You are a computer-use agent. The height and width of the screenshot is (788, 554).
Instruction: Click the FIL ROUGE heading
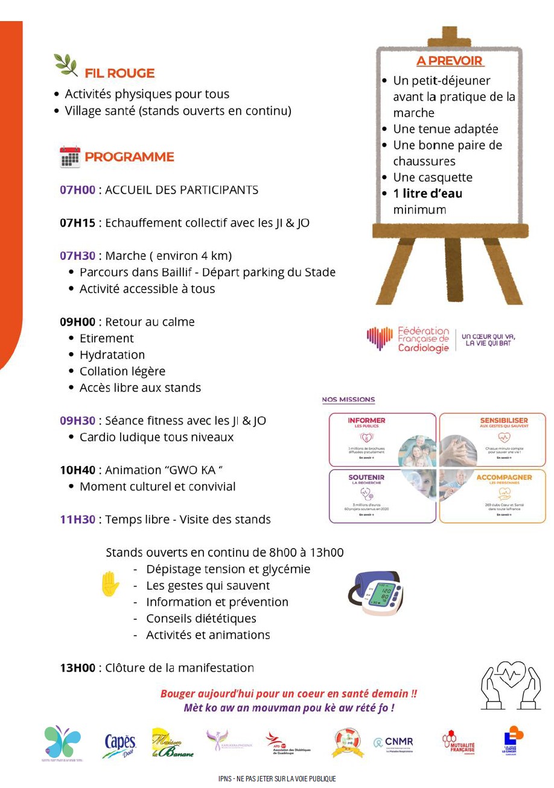coord(119,74)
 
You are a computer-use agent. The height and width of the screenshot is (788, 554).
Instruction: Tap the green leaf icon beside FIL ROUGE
coord(66,65)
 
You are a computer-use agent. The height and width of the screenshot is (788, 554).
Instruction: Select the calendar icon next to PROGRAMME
coord(70,157)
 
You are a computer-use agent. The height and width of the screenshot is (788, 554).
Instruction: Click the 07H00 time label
coord(77,190)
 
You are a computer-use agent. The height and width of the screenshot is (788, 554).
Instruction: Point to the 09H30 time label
coord(77,421)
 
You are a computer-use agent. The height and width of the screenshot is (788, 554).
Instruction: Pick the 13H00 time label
coord(77,668)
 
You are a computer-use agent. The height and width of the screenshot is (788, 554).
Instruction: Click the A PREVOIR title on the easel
coord(450,61)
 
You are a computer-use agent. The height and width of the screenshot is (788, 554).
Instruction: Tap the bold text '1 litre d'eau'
coord(427,194)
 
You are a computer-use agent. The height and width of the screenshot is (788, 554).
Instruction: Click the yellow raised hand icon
coord(110,584)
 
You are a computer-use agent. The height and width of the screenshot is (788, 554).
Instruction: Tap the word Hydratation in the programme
coord(112,355)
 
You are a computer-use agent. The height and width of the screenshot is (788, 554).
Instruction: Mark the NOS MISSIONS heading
coord(348,400)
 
